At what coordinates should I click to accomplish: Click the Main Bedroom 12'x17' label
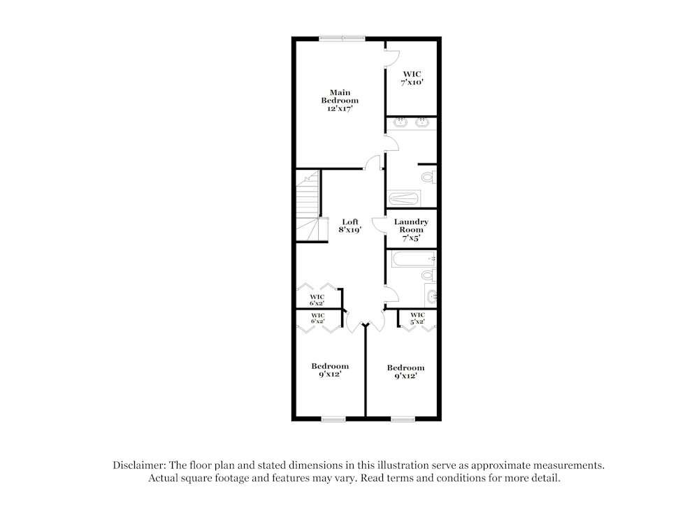[x=340, y=100]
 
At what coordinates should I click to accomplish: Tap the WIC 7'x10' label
[x=412, y=78]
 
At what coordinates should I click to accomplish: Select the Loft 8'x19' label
[x=350, y=226]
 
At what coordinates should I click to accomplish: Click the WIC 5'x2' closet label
[x=418, y=318]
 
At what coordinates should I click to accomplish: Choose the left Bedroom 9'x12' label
[x=330, y=370]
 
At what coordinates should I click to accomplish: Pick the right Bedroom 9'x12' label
[x=405, y=372]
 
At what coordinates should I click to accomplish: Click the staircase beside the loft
[x=308, y=207]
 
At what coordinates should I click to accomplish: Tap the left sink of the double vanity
[x=401, y=124]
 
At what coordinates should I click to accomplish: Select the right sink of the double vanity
[x=422, y=124]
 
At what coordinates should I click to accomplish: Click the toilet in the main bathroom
[x=432, y=177]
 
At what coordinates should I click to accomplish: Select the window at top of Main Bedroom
[x=342, y=38]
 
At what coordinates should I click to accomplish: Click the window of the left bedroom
[x=333, y=419]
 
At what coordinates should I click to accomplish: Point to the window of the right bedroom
[x=403, y=419]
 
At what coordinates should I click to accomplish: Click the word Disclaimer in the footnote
[x=138, y=465]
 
